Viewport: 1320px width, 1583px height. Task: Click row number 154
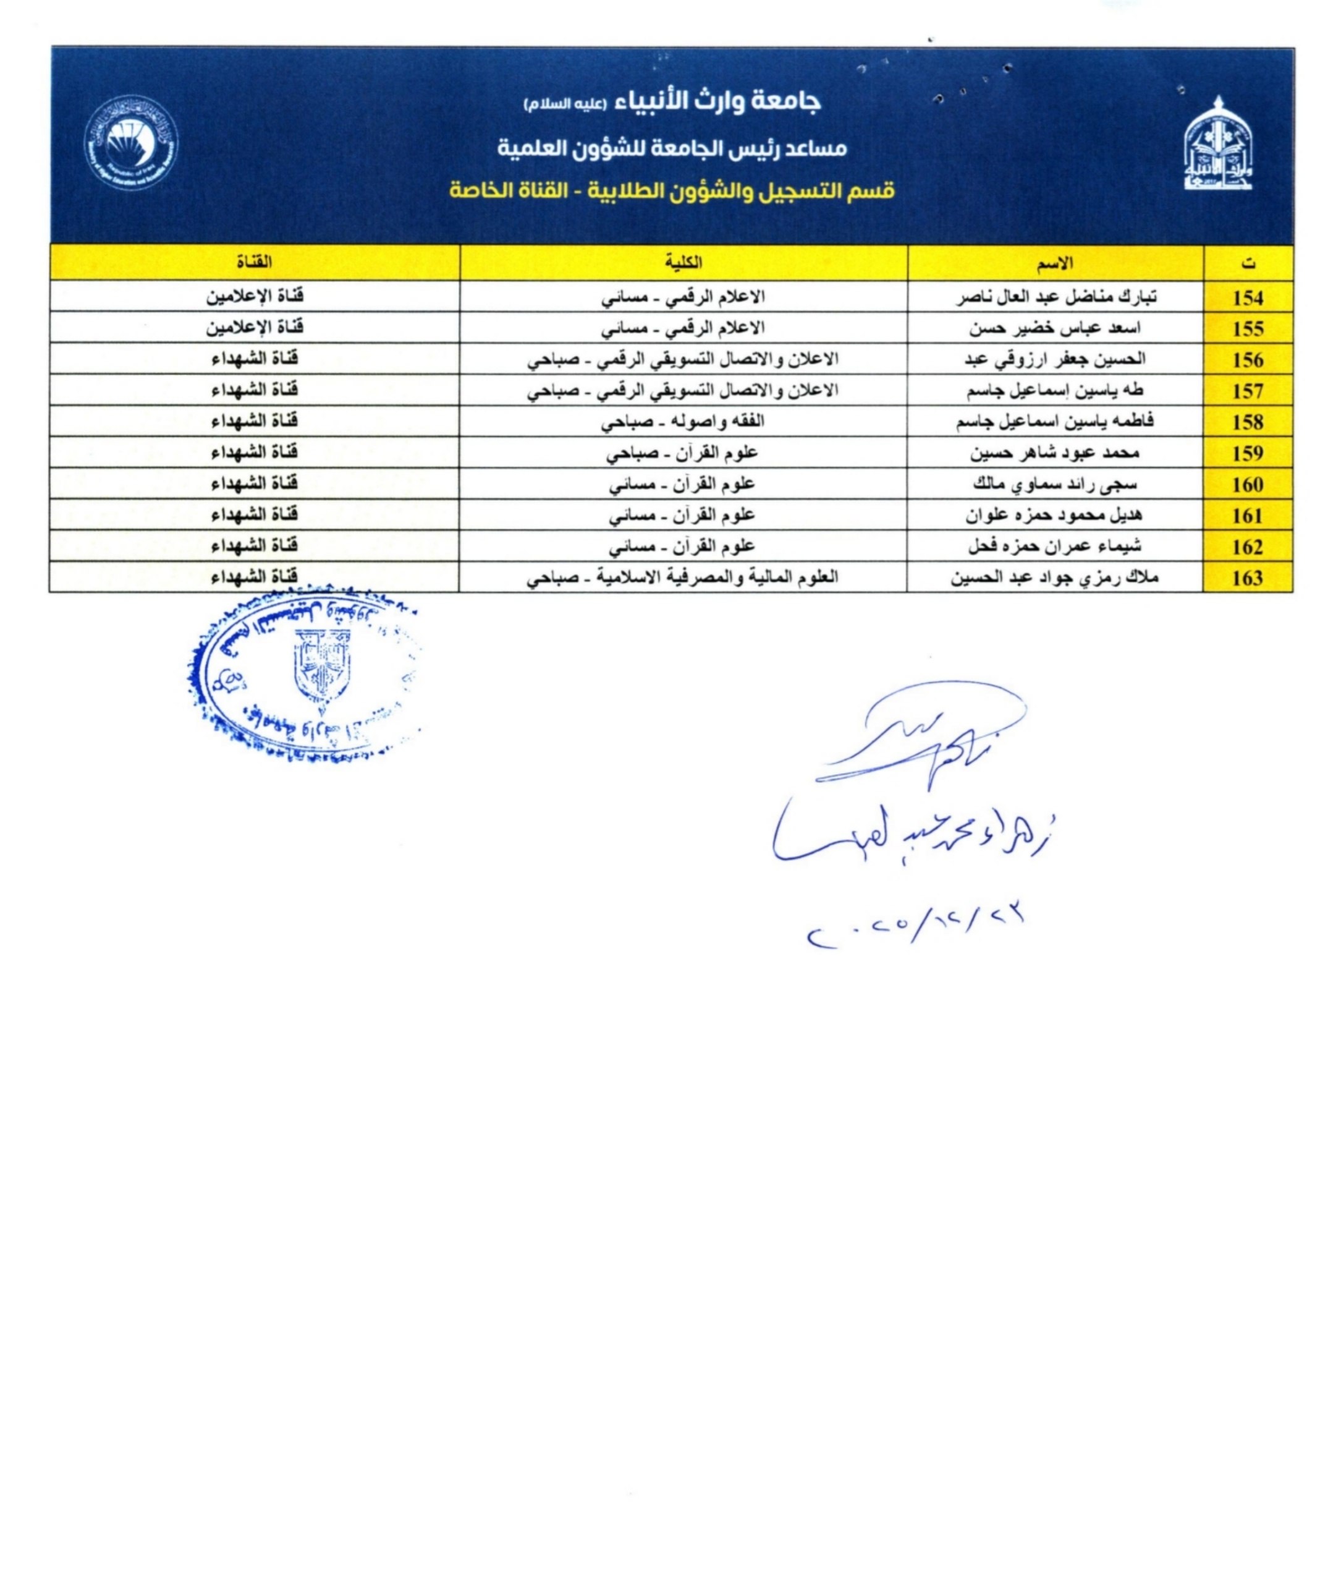coord(1248,298)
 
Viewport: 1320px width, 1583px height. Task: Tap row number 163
coord(1248,578)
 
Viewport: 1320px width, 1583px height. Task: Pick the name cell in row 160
coord(1055,484)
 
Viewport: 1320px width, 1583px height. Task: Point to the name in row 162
coord(1055,546)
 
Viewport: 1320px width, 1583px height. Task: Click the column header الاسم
coord(1055,262)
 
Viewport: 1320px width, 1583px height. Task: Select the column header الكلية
coord(683,262)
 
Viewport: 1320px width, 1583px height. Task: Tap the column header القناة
coord(254,262)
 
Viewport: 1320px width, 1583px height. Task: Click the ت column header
coord(1248,263)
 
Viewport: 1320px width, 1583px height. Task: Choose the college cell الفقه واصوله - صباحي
coord(683,421)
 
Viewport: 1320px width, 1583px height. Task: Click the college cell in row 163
coord(683,578)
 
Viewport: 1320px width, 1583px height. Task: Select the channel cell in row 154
coord(255,296)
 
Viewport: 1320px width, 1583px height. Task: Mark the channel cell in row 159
coord(255,452)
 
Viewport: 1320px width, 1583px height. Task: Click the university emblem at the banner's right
coord(1216,144)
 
